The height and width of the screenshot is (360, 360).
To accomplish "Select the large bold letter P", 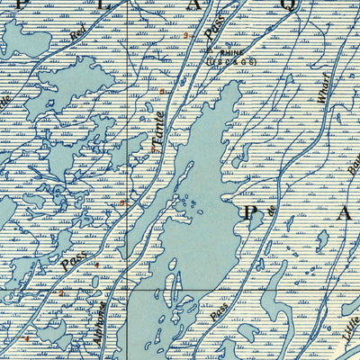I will [253, 213].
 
